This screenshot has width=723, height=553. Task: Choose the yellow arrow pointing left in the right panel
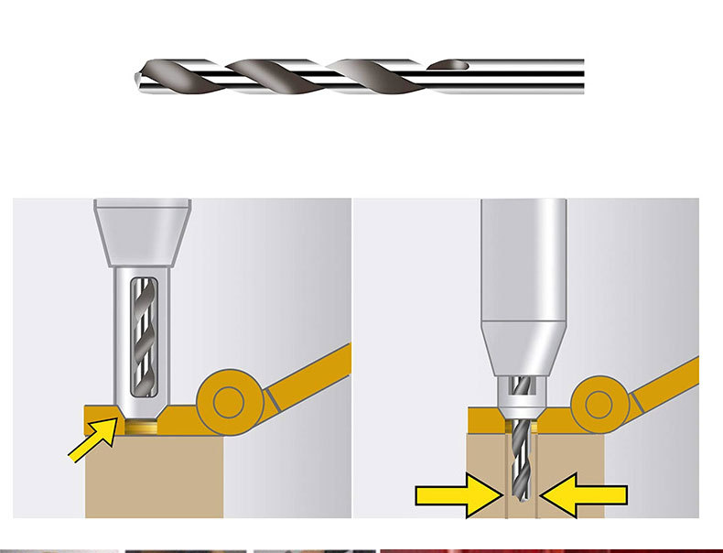click(585, 495)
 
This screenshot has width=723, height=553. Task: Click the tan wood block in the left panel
click(156, 476)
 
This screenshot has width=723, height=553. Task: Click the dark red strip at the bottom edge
click(549, 550)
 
